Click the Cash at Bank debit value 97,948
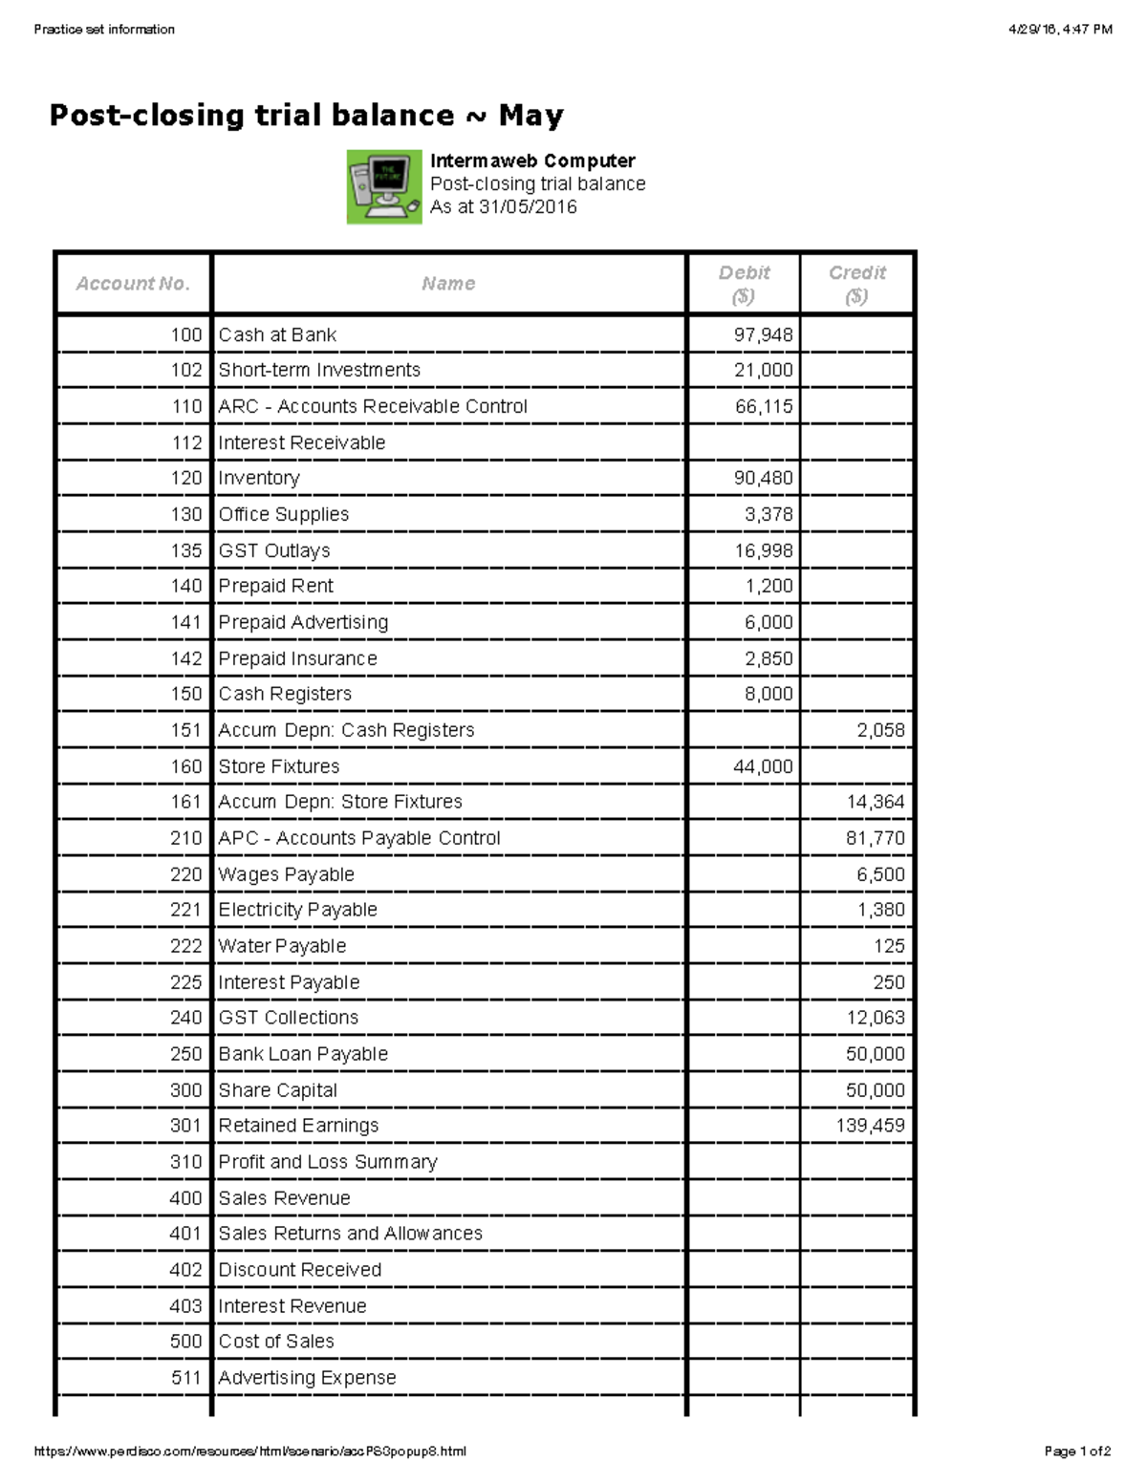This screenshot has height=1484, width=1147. coord(763,334)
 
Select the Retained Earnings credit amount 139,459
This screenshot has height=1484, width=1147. coord(870,1126)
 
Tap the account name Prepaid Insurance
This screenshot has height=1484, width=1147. coord(297,658)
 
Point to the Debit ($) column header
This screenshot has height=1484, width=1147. coord(744,284)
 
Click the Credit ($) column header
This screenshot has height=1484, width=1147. coord(856,284)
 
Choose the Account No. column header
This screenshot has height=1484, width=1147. coord(133,284)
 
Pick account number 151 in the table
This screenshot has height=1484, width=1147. coord(186,730)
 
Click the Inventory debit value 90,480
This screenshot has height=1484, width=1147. coord(763,478)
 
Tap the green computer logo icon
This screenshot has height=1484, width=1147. coord(383,186)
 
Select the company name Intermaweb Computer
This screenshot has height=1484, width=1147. coord(532,161)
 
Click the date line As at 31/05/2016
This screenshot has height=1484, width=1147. coord(503,207)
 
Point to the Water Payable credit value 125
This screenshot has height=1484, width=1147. coord(889,946)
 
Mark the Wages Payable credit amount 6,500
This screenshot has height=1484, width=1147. coord(880,874)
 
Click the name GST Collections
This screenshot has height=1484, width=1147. coord(288,1018)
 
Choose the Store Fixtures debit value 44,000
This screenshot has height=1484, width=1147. coord(763,766)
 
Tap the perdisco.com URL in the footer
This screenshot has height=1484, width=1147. coord(249,1452)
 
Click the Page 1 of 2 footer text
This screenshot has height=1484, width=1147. coord(1077,1452)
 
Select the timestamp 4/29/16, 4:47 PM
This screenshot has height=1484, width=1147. coord(1060,30)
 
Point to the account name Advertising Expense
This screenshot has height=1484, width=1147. coord(307,1378)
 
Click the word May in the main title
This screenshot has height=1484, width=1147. coord(530,116)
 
